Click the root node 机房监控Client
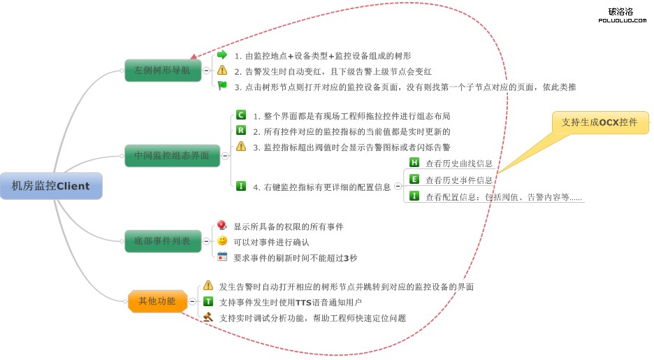point(51,186)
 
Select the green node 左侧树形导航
point(162,70)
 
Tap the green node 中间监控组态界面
point(172,155)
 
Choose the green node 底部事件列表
point(162,241)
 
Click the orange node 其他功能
point(157,301)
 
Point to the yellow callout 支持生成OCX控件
point(599,122)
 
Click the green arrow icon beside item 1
point(222,55)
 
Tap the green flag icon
point(222,86)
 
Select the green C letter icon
point(241,115)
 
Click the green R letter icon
point(241,130)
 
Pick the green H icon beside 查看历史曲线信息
point(414,162)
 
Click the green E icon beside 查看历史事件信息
point(414,179)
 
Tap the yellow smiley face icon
point(222,240)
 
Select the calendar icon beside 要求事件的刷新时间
point(222,257)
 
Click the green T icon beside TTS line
point(208,301)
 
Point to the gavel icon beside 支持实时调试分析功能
point(208,317)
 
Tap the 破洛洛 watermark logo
point(620,14)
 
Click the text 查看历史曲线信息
point(459,164)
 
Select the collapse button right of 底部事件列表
point(206,241)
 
